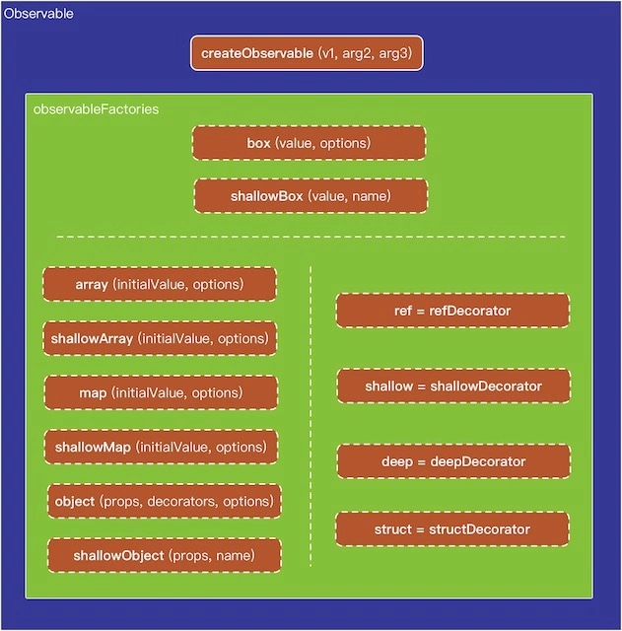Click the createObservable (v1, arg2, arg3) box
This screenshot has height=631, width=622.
point(307,53)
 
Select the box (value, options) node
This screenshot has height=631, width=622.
point(309,143)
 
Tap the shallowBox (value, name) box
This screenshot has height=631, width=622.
point(311,196)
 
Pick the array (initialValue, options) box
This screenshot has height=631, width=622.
point(160,284)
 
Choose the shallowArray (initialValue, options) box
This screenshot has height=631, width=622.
point(160,338)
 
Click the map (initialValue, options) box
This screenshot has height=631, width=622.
point(160,392)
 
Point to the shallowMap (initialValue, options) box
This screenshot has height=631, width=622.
point(160,447)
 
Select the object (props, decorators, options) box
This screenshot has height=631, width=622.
point(164,501)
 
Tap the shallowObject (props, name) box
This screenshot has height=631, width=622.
point(164,555)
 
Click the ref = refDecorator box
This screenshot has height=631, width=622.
point(452,311)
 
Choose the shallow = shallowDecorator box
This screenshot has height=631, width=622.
point(453,386)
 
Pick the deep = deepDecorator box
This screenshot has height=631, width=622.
point(453,461)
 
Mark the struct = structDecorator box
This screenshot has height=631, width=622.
point(452,529)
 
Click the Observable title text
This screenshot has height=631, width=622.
point(38,15)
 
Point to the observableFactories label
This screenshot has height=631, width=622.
point(96,108)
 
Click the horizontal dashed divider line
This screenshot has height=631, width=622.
point(311,237)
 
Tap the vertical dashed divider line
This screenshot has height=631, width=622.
point(311,414)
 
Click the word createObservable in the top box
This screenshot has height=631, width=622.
point(256,53)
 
